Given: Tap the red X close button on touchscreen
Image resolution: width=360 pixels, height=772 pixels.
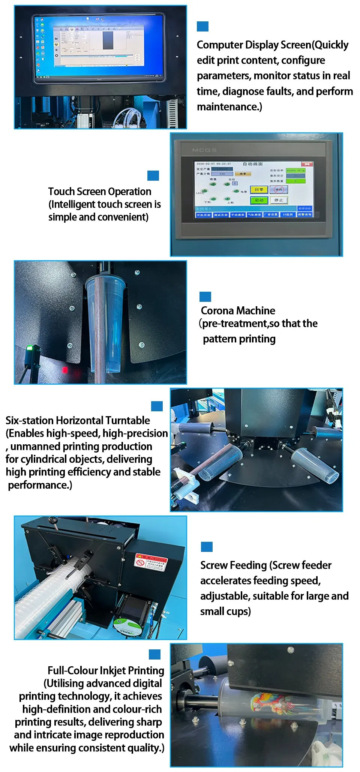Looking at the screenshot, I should pos(307,164).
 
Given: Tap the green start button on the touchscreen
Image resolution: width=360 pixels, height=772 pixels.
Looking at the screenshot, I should pos(259,200).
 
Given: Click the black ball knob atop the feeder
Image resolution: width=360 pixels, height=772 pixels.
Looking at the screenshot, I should pos(53,520).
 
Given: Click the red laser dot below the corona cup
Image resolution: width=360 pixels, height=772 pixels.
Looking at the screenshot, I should pos(65,370).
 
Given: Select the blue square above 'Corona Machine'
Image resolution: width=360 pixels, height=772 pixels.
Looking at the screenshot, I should pos(205,297).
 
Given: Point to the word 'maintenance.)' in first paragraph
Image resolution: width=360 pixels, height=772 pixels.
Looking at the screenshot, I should pos(229,107).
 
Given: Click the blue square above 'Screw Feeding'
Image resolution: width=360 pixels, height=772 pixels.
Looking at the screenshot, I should pos(207,547).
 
